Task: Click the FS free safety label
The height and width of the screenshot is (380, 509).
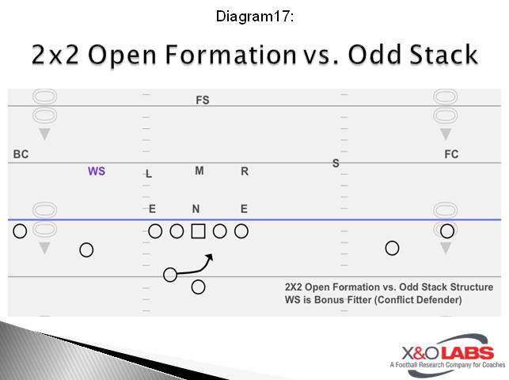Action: (x=203, y=101)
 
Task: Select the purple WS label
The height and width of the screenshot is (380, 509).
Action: (x=97, y=171)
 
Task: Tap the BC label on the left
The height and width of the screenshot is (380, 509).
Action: (x=21, y=154)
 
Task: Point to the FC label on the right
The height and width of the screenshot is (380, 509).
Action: (x=451, y=154)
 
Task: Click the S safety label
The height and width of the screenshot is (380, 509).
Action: (x=336, y=163)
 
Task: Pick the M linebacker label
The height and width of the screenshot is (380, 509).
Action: (x=199, y=171)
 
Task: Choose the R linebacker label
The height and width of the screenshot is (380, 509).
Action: (x=245, y=171)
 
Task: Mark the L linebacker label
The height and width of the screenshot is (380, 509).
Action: (x=149, y=174)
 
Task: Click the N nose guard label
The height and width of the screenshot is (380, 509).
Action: (x=196, y=209)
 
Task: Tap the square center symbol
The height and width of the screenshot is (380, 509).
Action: (x=199, y=231)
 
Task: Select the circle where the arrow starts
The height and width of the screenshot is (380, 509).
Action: (x=170, y=275)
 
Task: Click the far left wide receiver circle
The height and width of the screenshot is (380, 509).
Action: (x=21, y=231)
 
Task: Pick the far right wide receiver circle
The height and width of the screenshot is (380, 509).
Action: (x=447, y=231)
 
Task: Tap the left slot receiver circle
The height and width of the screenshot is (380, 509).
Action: (x=86, y=250)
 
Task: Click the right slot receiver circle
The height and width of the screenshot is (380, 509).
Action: (x=392, y=248)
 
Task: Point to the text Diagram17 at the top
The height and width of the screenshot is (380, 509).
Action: (x=254, y=16)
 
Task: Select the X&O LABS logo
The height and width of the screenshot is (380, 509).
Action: (x=443, y=353)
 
